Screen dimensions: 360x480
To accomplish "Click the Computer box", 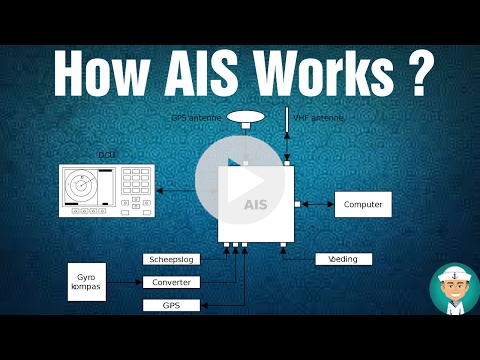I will [x=363, y=204].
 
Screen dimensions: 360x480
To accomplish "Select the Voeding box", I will [x=343, y=259].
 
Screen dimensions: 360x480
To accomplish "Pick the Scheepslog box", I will [x=172, y=259].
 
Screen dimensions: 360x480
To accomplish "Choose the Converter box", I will [x=172, y=282].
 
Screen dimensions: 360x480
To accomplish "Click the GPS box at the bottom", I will [x=172, y=305].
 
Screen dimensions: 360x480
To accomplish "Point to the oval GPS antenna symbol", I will [x=246, y=117].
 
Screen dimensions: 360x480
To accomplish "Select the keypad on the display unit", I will [x=135, y=185].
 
